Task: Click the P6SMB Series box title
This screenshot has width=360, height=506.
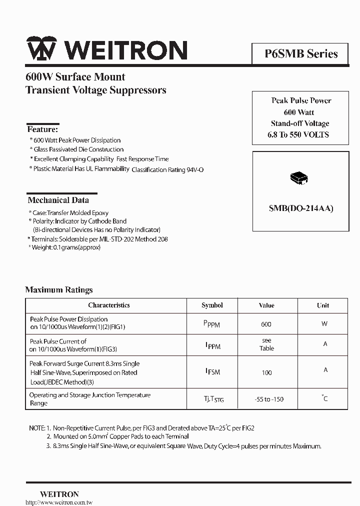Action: [301, 53]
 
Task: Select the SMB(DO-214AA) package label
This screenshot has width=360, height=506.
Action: [300, 208]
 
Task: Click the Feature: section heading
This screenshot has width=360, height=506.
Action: [42, 129]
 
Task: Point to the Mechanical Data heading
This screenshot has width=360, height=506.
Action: [58, 200]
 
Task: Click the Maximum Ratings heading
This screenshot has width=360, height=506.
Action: [59, 289]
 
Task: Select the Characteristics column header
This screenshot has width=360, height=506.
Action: [108, 305]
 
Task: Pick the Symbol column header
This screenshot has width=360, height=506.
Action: [212, 305]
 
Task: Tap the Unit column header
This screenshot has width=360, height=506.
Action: [323, 305]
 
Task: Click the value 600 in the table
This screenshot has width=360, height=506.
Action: [266, 324]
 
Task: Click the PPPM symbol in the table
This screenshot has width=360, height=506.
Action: [211, 324]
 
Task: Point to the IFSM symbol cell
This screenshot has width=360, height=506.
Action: [212, 371]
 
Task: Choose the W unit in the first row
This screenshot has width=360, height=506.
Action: [324, 323]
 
